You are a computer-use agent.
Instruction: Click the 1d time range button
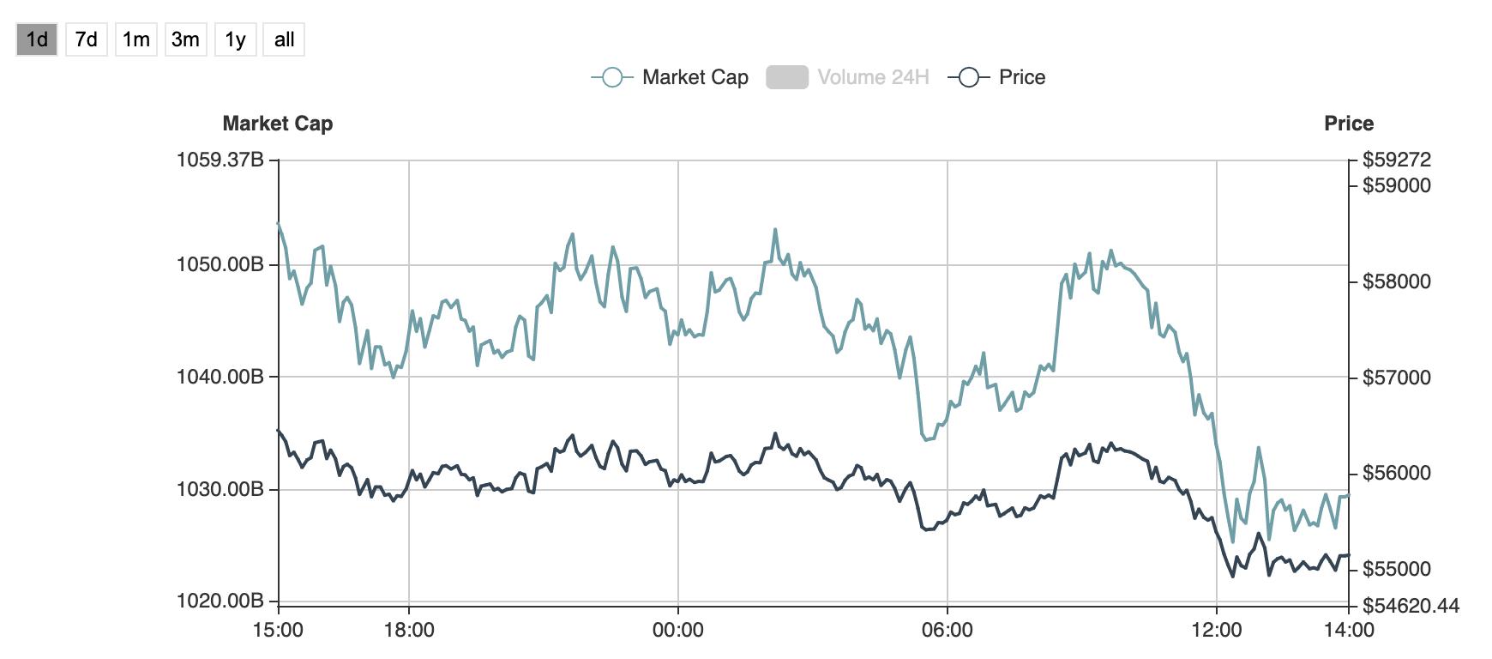37,39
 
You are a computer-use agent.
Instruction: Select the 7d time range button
87,39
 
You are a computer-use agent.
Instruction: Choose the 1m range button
136,39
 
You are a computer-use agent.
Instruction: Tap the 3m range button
185,39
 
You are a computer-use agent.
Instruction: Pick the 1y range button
235,39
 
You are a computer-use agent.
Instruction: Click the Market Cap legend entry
670,77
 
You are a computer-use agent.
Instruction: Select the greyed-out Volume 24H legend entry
847,77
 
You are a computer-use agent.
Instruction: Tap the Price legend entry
997,77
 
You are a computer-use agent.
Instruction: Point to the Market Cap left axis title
277,124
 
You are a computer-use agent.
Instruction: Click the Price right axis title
1348,124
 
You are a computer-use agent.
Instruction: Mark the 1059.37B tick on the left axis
220,160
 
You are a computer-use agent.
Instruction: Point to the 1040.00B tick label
220,377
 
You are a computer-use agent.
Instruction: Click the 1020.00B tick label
220,601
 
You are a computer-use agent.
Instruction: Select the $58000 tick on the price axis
1396,281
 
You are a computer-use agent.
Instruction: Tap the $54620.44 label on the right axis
1410,606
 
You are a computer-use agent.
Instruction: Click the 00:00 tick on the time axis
677,630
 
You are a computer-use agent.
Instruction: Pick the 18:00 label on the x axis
409,630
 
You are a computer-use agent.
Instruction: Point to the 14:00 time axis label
1348,630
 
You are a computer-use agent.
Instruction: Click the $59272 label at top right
1396,160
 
